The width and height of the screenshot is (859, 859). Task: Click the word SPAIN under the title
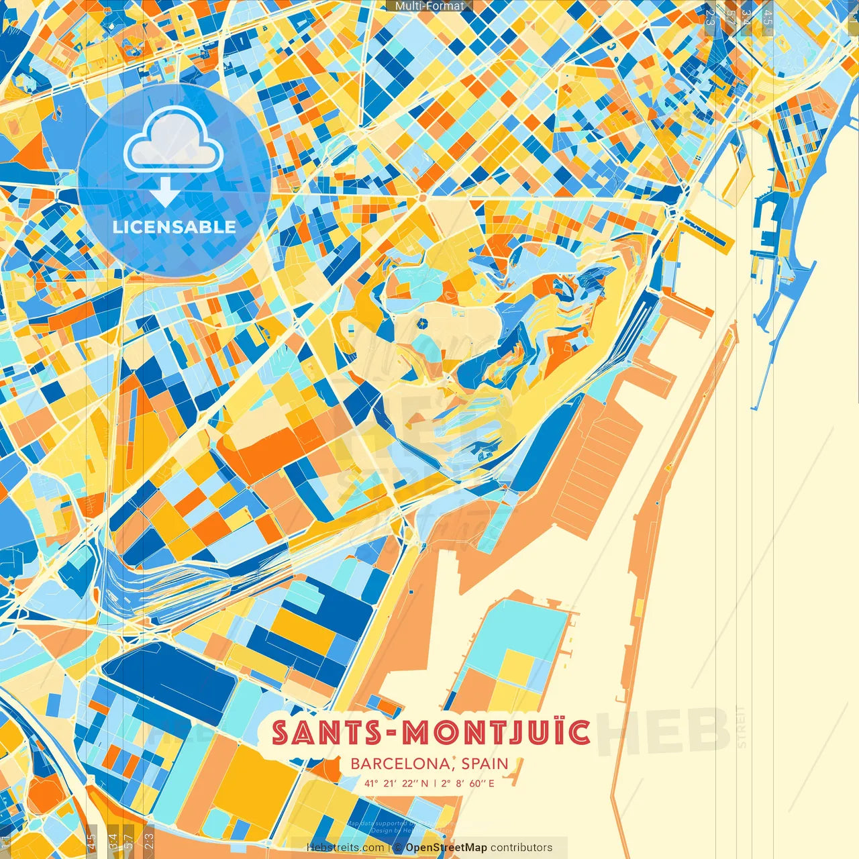(x=485, y=764)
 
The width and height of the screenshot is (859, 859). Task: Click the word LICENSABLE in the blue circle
(x=174, y=227)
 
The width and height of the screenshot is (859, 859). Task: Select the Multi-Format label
(x=429, y=6)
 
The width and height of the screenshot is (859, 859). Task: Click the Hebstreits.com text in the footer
(x=346, y=848)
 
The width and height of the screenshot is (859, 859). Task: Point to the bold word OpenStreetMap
(x=446, y=848)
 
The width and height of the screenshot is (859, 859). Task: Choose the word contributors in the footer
(x=521, y=848)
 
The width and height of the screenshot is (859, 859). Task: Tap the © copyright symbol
(x=398, y=848)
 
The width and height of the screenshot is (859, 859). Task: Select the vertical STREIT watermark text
(x=741, y=727)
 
